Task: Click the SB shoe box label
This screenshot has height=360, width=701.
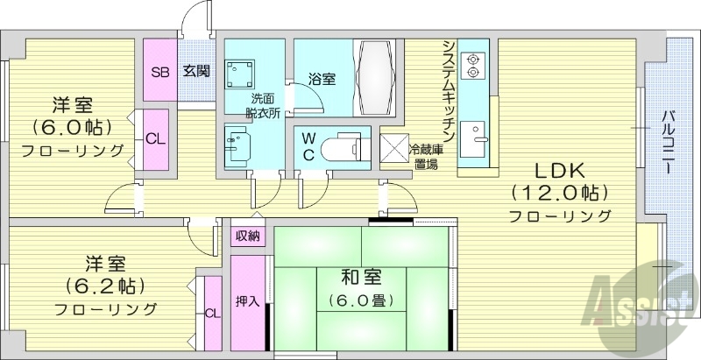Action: tap(160, 71)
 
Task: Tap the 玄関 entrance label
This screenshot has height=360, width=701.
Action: tap(195, 71)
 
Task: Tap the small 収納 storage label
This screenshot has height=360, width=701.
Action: tap(247, 236)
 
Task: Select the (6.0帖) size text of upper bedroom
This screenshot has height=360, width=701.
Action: tap(73, 128)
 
